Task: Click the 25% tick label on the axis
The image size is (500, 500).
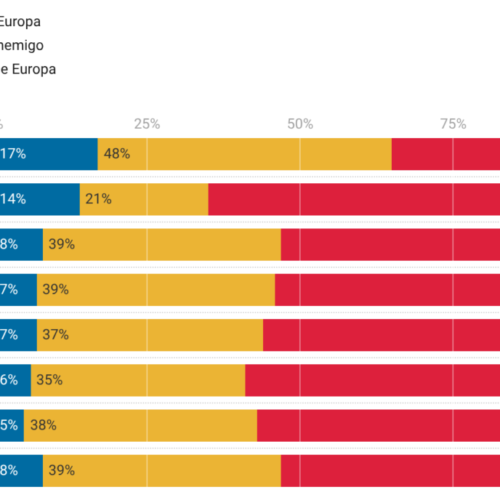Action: (147, 124)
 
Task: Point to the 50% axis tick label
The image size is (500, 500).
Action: (300, 124)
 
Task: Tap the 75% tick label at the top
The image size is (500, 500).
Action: (453, 124)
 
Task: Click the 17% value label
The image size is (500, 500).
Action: (13, 154)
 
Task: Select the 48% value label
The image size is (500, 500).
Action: (117, 154)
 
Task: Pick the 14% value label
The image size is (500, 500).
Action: (12, 199)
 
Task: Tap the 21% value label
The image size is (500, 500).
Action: (98, 199)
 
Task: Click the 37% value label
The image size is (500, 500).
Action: (55, 335)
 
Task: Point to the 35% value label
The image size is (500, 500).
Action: (49, 380)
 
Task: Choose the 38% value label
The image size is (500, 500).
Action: (43, 425)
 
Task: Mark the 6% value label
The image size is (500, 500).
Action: (9, 380)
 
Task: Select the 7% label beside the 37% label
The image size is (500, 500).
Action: (9, 335)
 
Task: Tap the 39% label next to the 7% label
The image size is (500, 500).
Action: (55, 289)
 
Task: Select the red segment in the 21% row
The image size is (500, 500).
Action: (354, 199)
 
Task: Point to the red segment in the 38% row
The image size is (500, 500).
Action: (378, 425)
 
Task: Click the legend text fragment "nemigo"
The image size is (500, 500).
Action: (22, 45)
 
